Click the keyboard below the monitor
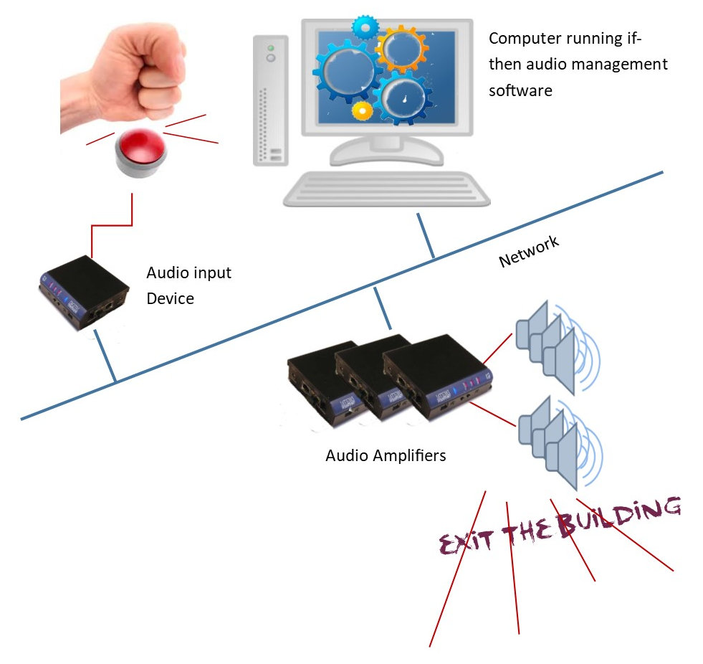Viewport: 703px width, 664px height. pyautogui.click(x=386, y=191)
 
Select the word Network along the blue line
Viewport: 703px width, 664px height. pyautogui.click(x=529, y=252)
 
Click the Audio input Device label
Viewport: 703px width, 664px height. pyautogui.click(x=188, y=285)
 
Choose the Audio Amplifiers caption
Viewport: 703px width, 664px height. pyautogui.click(x=386, y=455)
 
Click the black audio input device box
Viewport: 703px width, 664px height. pyautogui.click(x=83, y=293)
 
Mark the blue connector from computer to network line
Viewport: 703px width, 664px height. pyautogui.click(x=426, y=234)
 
